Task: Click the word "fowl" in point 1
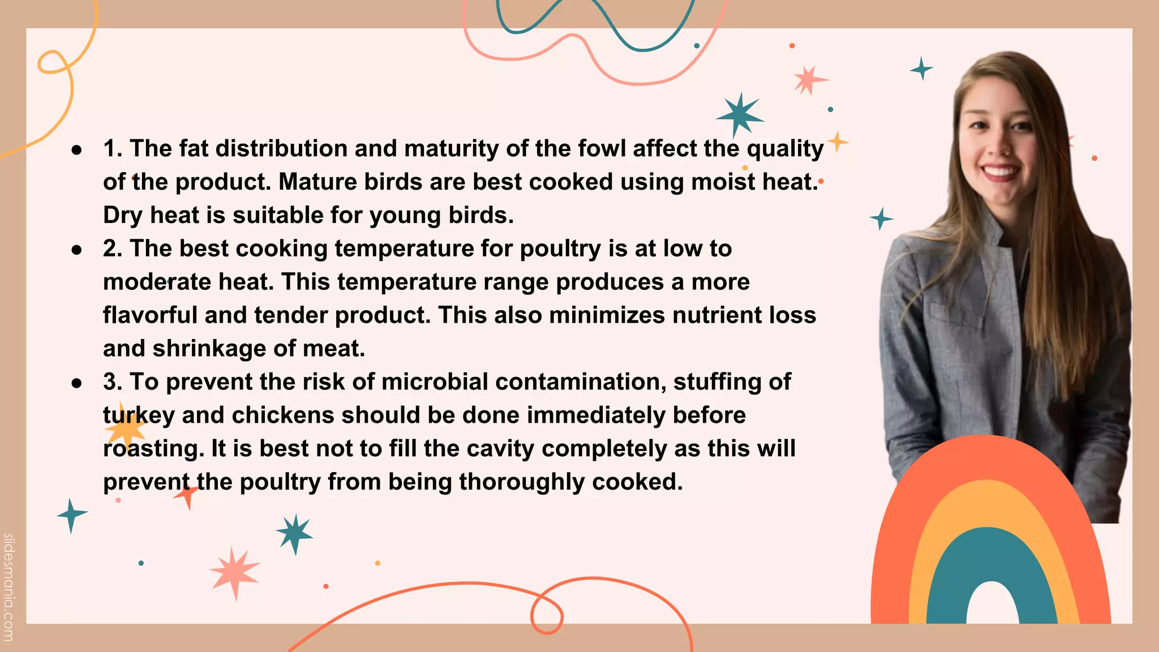[602, 148]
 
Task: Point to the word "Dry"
[123, 215]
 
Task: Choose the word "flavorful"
[150, 315]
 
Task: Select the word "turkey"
[139, 415]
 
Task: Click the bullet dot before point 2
[77, 250]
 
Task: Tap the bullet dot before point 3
[77, 383]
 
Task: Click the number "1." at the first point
[113, 148]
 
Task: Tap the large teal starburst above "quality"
[739, 114]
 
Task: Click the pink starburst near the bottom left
[234, 572]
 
